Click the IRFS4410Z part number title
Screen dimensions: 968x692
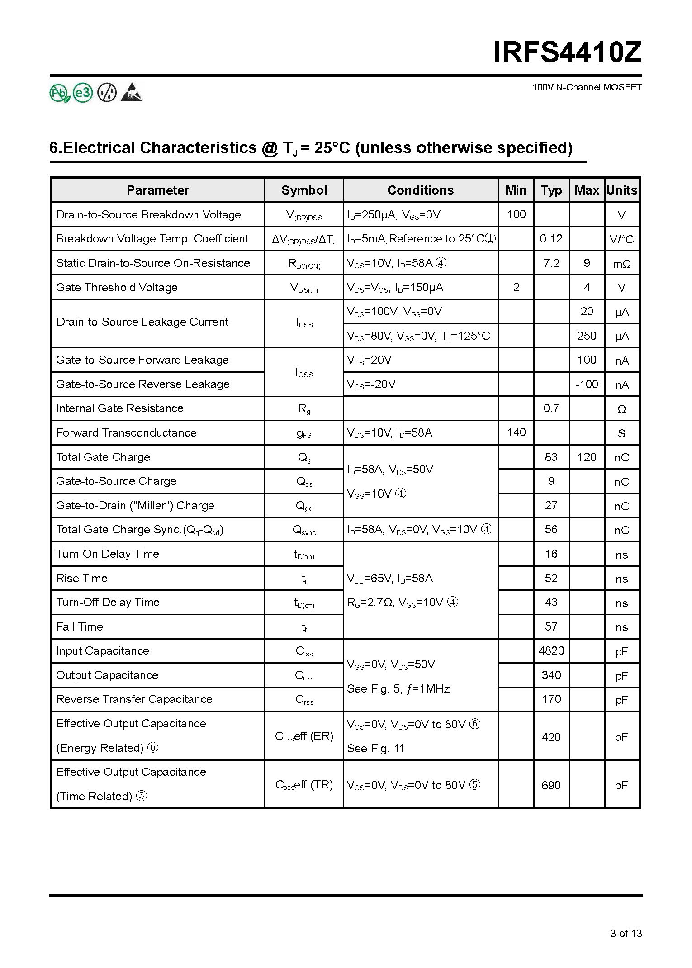point(567,53)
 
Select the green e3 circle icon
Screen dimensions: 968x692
point(83,93)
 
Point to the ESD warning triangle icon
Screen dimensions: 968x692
point(132,92)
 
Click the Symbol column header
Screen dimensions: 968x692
point(304,190)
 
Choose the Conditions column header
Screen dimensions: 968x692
point(420,190)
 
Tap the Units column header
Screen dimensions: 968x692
point(621,190)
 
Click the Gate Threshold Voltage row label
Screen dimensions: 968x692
point(117,287)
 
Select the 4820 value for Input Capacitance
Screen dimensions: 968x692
point(551,650)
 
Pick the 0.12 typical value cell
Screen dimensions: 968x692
point(551,238)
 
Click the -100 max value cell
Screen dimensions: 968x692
point(586,384)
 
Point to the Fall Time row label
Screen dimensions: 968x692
point(80,626)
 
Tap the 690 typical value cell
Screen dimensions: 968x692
point(551,785)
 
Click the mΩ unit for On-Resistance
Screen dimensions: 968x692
point(621,264)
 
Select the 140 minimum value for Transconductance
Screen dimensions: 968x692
point(516,432)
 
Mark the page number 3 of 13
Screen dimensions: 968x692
point(626,933)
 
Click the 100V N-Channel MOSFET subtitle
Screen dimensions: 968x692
point(587,87)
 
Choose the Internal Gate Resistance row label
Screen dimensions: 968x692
point(120,408)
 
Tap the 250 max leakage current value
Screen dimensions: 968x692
point(586,336)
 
